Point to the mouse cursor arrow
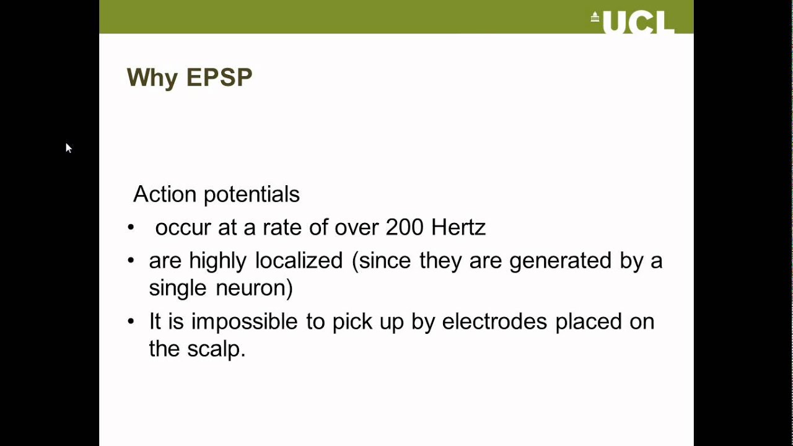(68, 147)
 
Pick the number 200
(405, 227)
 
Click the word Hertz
(458, 227)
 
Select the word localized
(299, 260)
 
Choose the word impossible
(244, 321)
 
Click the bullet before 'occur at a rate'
(131, 227)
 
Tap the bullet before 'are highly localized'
(131, 260)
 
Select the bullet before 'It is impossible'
(131, 321)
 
